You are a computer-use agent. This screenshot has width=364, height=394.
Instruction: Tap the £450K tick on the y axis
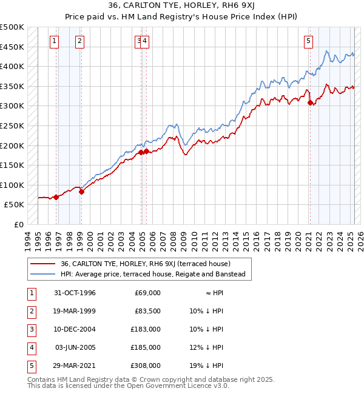click(12, 47)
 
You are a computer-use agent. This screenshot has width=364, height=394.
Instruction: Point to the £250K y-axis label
click(12, 125)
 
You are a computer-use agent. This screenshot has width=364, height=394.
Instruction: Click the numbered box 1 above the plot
click(55, 41)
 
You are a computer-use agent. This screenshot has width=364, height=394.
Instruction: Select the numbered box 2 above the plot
click(80, 41)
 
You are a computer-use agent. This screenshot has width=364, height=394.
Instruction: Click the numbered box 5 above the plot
click(308, 41)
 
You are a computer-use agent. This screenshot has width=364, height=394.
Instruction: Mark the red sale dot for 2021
click(310, 103)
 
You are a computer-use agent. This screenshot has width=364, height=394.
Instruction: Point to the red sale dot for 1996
click(56, 197)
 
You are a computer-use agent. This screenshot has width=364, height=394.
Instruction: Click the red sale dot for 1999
click(81, 192)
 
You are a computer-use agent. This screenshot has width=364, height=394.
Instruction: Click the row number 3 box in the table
click(30, 329)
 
